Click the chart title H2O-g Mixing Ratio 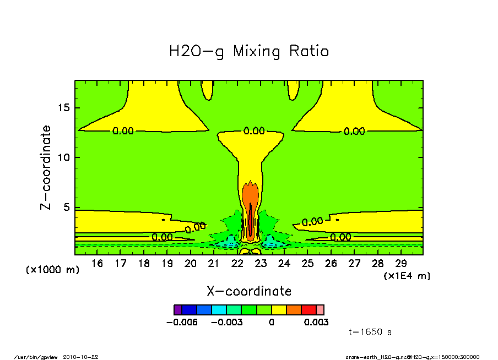[249, 52]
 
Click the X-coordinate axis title [249, 291]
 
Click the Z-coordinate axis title [46, 167]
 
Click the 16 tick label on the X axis [97, 264]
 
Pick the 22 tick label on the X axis [237, 264]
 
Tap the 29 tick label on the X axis [401, 264]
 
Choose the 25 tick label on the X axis [307, 264]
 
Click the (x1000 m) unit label [53, 270]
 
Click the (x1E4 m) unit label [407, 276]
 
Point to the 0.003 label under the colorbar [316, 322]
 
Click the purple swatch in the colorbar [177, 310]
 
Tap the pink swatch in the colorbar [320, 310]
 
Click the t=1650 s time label [370, 332]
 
